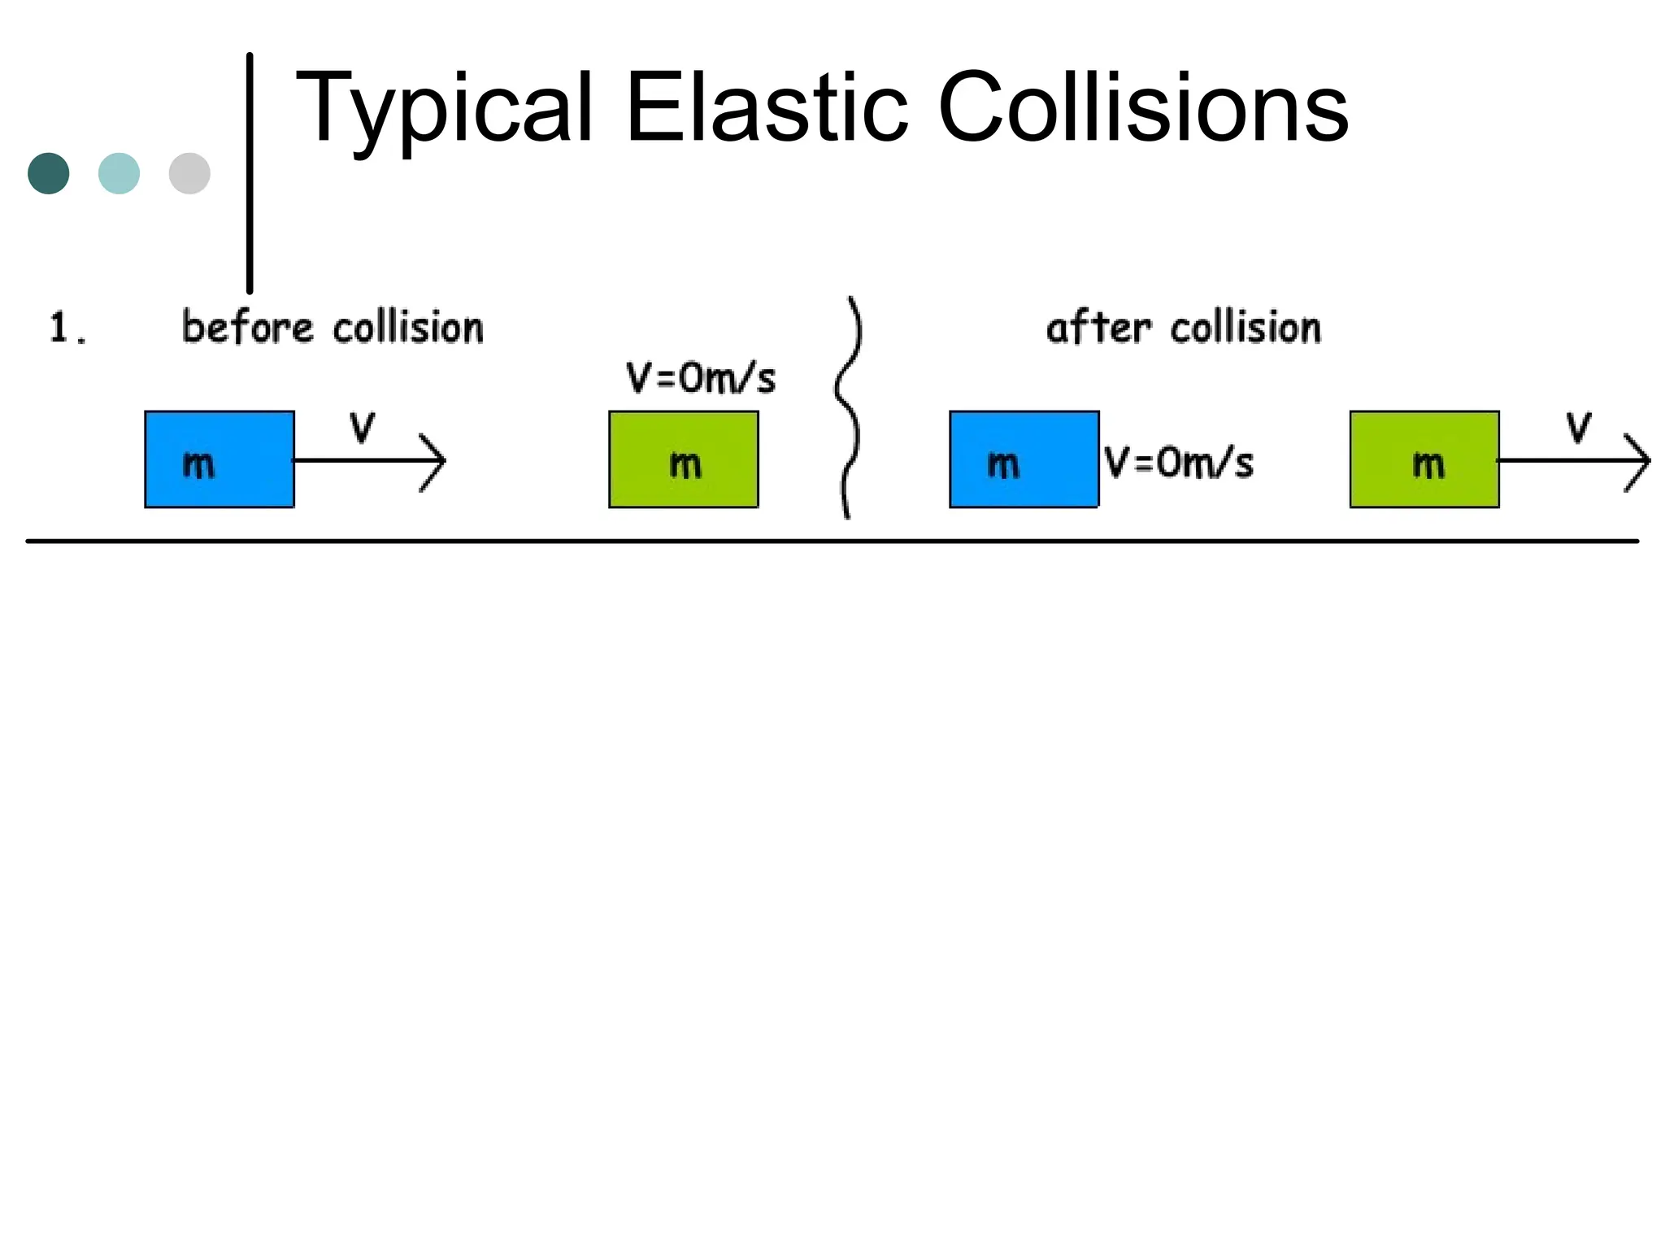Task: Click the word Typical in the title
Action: [444, 110]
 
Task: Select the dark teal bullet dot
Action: [49, 173]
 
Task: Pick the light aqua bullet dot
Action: [119, 173]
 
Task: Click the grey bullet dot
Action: [189, 173]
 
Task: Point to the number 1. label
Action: [67, 329]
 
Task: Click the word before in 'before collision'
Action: [247, 328]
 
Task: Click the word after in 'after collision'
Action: [1098, 328]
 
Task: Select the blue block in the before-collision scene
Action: [220, 459]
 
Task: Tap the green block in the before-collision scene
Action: [684, 459]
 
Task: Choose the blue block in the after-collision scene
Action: [1024, 459]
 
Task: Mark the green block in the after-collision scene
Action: [1424, 459]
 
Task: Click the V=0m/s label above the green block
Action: [701, 378]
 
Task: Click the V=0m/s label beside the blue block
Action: [1179, 463]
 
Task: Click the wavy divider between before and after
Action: [847, 407]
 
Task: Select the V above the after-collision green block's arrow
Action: [1579, 427]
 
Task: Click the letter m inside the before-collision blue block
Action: [198, 464]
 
